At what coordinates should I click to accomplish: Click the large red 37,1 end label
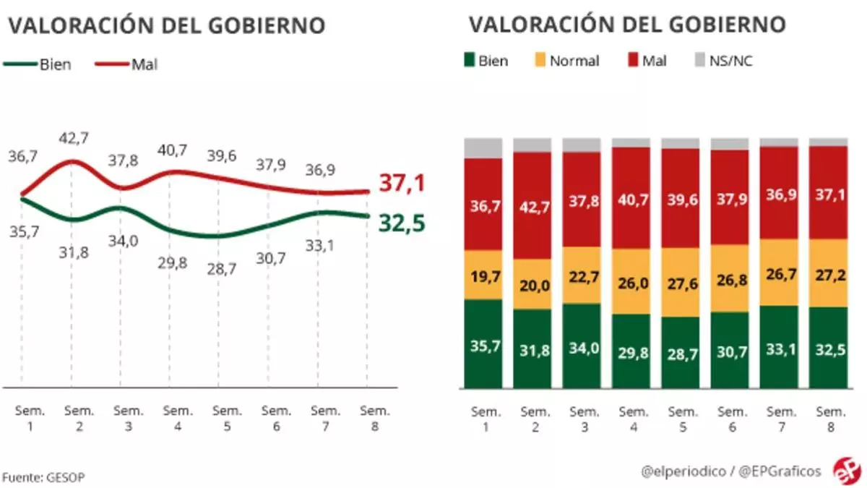(x=401, y=184)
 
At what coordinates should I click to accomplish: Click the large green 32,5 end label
(x=401, y=223)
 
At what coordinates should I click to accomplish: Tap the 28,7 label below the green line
(x=228, y=269)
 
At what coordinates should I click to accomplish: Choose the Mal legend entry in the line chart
(x=127, y=64)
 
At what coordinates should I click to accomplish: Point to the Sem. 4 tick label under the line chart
(x=178, y=418)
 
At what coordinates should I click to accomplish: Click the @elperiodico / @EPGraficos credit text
(x=731, y=471)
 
